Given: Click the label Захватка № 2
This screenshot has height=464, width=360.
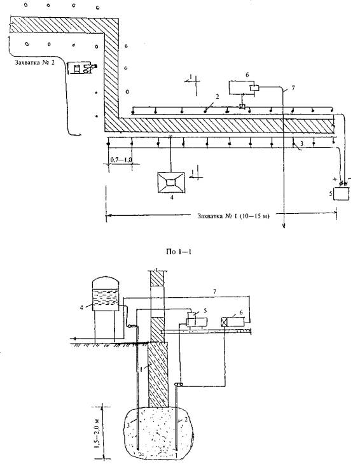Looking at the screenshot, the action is [x=34, y=63].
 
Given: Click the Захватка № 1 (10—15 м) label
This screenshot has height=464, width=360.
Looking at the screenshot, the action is [x=233, y=216].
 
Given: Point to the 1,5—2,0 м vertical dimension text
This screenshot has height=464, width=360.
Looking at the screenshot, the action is [x=97, y=430].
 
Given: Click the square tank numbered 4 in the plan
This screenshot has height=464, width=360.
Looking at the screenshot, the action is [x=171, y=182].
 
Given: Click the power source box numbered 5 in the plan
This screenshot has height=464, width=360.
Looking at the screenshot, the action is [x=341, y=194].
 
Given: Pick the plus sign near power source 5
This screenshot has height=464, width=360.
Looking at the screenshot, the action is [x=335, y=179].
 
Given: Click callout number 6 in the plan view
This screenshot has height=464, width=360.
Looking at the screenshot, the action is [x=247, y=75].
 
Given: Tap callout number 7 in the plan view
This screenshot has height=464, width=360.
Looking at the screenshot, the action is [x=293, y=88].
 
